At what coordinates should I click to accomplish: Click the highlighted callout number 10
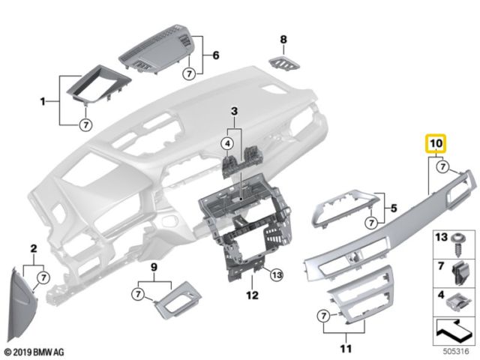pyautogui.click(x=436, y=142)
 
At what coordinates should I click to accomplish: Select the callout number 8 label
pyautogui.click(x=283, y=39)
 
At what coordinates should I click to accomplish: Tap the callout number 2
pyautogui.click(x=33, y=247)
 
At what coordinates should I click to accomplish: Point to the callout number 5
pyautogui.click(x=391, y=203)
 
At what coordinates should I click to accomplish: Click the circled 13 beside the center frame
pyautogui.click(x=277, y=274)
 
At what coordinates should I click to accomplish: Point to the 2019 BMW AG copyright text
pyautogui.click(x=35, y=351)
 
